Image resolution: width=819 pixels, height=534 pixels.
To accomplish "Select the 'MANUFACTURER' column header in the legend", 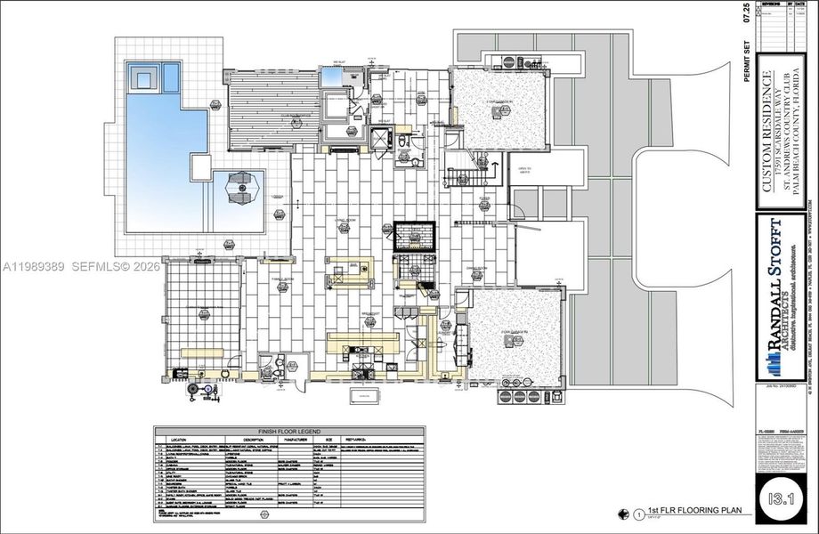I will pyautogui.click(x=299, y=439).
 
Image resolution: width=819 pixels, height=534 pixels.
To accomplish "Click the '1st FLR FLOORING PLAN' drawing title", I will pyautogui.click(x=677, y=513).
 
